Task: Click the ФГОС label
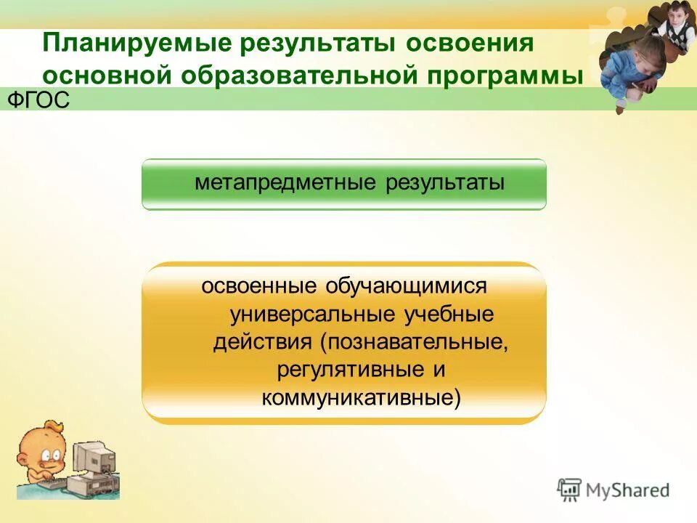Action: coord(38,100)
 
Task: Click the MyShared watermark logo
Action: coord(614,490)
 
